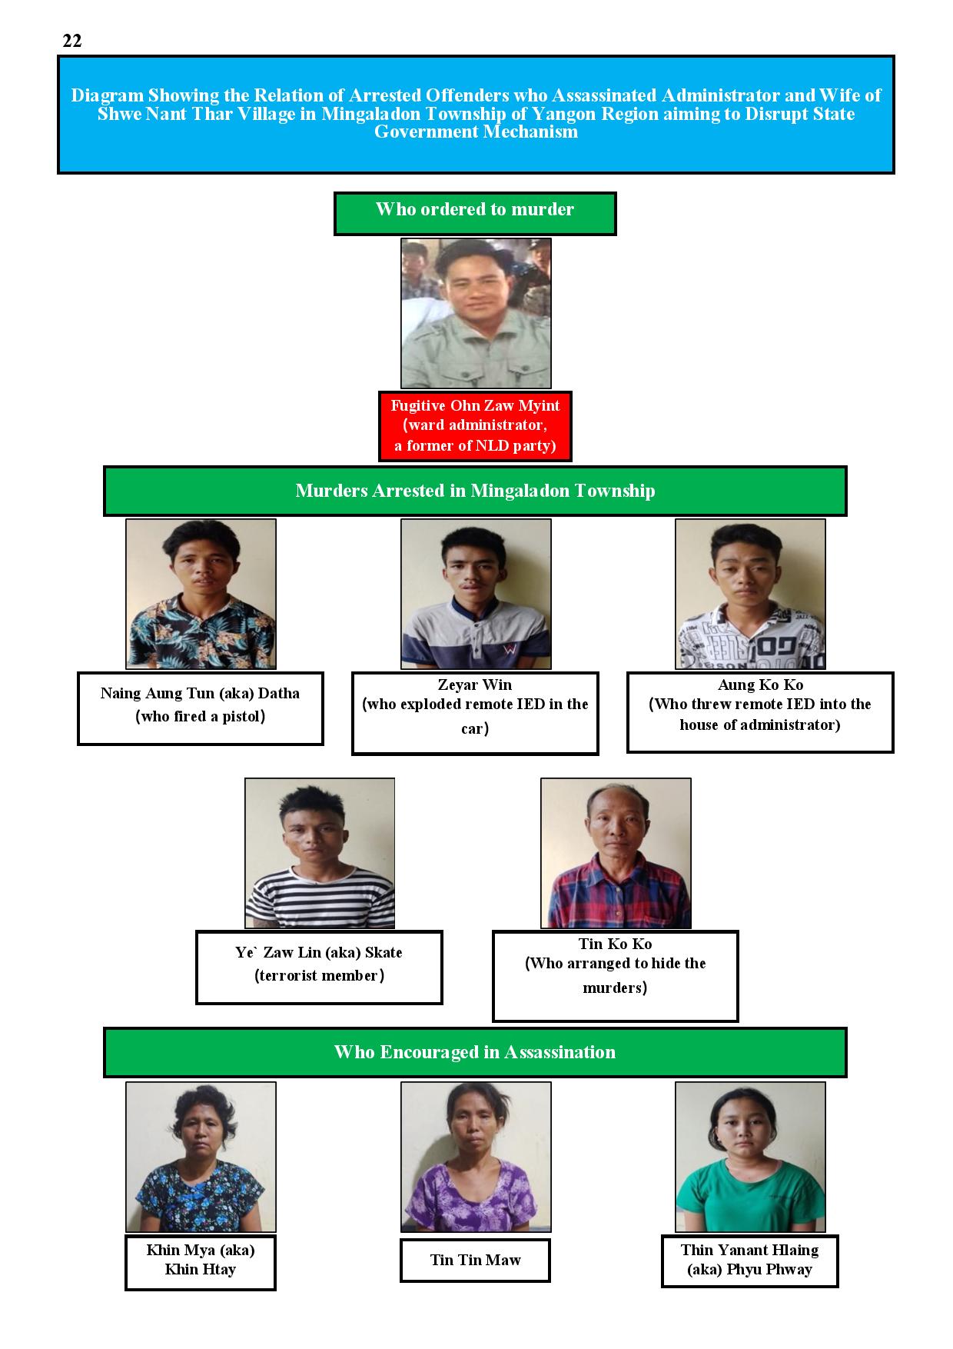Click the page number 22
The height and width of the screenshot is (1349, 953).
[72, 42]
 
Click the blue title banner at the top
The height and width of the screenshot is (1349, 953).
[476, 115]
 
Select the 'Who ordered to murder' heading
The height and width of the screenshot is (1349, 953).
[475, 213]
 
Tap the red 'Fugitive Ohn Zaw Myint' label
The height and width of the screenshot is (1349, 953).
[475, 426]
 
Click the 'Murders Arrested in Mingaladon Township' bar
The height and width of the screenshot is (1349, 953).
[475, 491]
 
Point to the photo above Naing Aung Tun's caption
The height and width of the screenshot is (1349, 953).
[201, 594]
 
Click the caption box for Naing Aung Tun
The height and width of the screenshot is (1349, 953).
[200, 708]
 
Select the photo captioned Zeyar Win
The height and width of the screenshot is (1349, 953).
[476, 594]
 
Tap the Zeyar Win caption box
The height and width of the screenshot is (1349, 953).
[475, 714]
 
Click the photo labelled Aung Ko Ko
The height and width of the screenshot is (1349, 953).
[750, 594]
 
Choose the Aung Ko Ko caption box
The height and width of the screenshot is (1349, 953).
[760, 712]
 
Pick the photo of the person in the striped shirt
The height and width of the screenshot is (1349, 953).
[320, 853]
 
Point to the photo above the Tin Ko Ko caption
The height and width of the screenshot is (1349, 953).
[616, 853]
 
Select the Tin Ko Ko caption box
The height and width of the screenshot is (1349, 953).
[615, 976]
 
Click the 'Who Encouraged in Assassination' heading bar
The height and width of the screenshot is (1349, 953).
[475, 1052]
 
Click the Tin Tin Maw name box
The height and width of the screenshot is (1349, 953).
[475, 1260]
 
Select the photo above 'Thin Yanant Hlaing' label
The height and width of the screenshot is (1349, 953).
[750, 1157]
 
